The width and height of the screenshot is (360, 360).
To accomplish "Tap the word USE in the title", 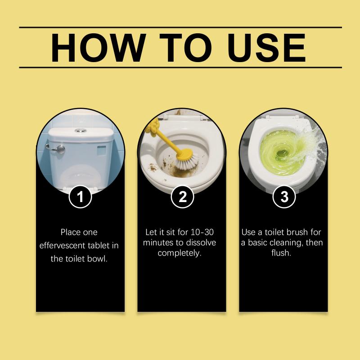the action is click(x=266, y=48).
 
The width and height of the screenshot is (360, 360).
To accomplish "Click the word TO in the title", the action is click(x=186, y=48).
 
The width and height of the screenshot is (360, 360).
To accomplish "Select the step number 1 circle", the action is click(x=80, y=197).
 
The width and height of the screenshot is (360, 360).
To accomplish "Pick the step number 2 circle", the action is click(x=183, y=197).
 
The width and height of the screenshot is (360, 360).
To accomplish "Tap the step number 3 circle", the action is click(x=284, y=197).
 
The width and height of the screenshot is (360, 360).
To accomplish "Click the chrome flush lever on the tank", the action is click(x=56, y=149).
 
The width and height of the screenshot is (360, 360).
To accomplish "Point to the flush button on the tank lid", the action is click(x=81, y=130).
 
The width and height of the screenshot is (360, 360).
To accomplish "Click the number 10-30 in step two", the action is click(x=202, y=232).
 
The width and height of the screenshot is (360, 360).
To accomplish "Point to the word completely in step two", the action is click(x=180, y=253).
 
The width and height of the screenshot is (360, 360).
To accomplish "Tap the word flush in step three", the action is click(x=281, y=253).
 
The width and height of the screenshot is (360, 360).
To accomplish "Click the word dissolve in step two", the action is click(x=201, y=243).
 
